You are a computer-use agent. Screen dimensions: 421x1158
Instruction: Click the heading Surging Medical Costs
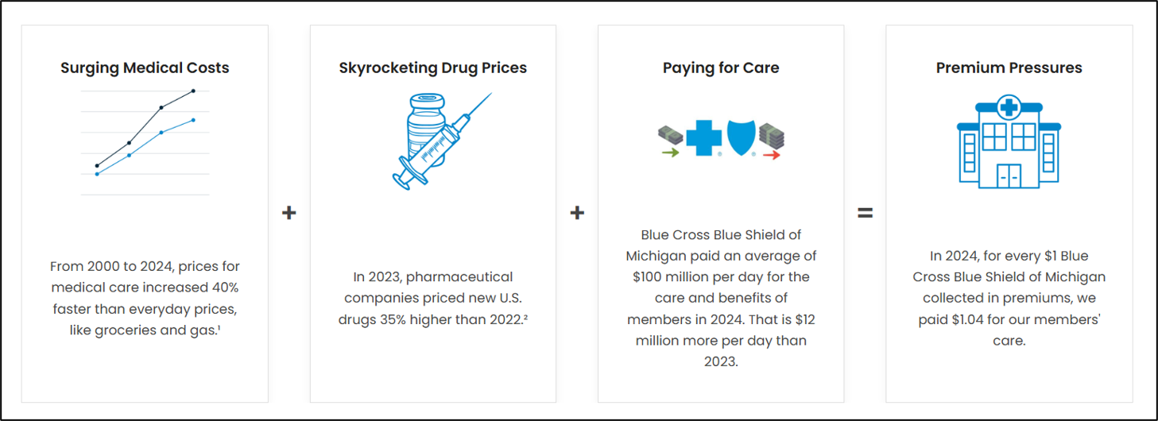(145, 68)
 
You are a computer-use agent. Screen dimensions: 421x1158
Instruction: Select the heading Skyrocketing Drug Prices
(432, 68)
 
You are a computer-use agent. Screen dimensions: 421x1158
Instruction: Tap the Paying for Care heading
(721, 68)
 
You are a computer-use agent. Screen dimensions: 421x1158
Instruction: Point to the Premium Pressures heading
(1009, 68)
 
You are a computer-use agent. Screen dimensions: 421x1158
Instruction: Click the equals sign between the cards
(865, 213)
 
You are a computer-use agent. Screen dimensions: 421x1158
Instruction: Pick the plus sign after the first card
(289, 213)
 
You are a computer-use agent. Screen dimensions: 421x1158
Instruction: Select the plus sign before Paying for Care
(577, 213)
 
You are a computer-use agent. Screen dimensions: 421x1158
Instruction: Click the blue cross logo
(703, 137)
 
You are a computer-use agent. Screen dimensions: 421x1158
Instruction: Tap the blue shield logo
(741, 137)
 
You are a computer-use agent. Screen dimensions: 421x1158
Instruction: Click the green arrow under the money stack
(670, 153)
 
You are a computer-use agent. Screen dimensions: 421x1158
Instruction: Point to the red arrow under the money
(771, 156)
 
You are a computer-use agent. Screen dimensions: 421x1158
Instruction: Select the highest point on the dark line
(193, 91)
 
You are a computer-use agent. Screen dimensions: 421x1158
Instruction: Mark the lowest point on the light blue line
(97, 173)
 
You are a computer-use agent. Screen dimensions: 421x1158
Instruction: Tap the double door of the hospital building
(1009, 176)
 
